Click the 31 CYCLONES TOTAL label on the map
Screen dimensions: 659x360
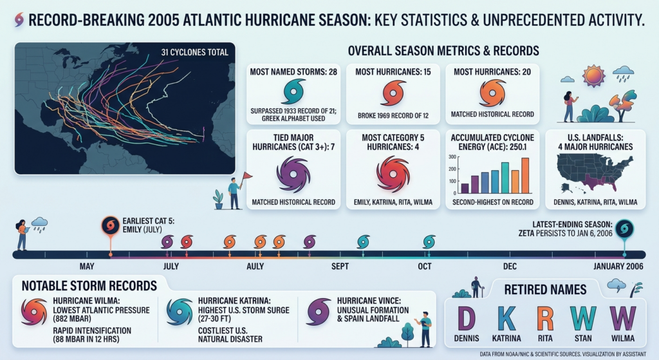194,52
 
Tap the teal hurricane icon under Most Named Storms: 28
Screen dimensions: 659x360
293,91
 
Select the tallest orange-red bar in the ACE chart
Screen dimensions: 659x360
525,175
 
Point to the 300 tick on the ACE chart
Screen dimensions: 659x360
452,157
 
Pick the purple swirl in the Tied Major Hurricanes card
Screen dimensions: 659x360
293,175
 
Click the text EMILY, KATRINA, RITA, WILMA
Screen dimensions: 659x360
393,202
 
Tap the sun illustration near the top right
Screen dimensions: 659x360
593,76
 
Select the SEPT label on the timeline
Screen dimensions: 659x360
340,266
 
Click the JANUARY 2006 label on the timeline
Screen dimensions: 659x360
618,266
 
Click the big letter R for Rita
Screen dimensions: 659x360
545,319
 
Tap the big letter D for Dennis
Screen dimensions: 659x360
466,319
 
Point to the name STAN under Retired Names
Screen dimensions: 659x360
583,338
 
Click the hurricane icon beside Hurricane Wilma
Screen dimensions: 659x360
34,312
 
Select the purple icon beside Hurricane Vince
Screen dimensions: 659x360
319,312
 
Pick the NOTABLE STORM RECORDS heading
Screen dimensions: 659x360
89,286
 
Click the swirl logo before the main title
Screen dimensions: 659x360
19,20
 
